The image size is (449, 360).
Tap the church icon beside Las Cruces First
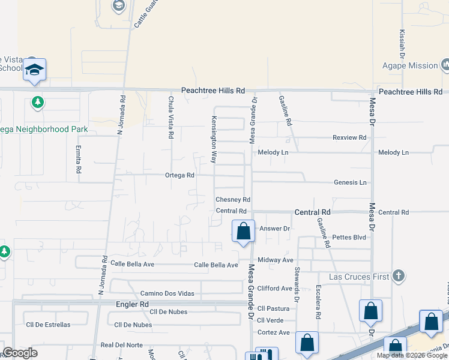tap(397, 276)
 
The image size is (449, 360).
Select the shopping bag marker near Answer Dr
tap(243, 232)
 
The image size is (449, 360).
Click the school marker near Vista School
tap(35, 70)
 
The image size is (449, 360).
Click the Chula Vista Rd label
tap(171, 118)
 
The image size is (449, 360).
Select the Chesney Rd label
tap(233, 199)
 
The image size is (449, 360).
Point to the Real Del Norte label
tap(122, 345)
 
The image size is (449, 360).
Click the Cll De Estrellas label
tap(48, 325)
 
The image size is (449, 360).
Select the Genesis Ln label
tap(350, 182)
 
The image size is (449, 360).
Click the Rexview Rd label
tap(349, 137)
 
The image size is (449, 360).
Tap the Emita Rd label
tap(79, 158)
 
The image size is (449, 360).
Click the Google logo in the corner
tap(20, 353)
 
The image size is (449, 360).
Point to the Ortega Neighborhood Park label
tap(44, 129)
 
